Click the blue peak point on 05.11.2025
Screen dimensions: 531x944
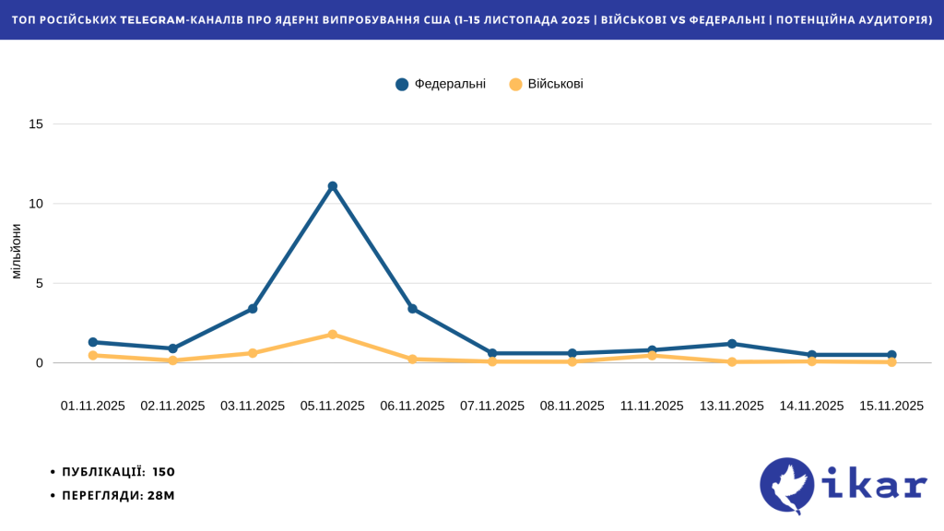[333, 186]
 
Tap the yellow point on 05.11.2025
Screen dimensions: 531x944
[333, 335]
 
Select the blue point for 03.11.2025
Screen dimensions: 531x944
[253, 309]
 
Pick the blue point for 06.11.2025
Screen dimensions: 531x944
[412, 309]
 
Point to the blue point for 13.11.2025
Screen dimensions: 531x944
[732, 344]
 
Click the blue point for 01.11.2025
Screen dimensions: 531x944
[93, 342]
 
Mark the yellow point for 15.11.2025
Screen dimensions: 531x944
[891, 362]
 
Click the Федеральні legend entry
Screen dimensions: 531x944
[441, 84]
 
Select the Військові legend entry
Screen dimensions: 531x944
[546, 84]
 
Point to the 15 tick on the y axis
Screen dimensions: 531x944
[36, 124]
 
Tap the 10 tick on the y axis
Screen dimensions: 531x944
[36, 204]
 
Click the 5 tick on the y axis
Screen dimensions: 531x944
[39, 283]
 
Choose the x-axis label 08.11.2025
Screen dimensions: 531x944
[572, 406]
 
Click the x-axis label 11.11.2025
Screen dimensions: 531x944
[652, 406]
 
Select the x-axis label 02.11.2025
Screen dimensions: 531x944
[172, 406]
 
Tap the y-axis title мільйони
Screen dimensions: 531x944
[16, 251]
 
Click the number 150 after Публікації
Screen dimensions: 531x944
[164, 472]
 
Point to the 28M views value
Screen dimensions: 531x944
[161, 495]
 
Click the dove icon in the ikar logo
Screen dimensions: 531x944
[787, 486]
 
